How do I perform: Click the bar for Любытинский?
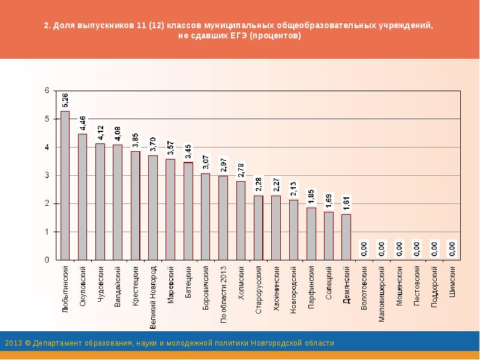pyautogui.click(x=65, y=185)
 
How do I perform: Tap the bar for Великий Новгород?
pyautogui.click(x=152, y=208)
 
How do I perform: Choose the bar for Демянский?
pyautogui.click(x=346, y=237)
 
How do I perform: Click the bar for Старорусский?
pyautogui.click(x=258, y=227)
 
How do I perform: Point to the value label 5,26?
pyautogui.click(x=65, y=100)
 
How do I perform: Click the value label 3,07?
pyautogui.click(x=206, y=162)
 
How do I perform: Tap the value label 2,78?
pyautogui.click(x=241, y=170)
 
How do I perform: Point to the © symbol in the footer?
pyautogui.click(x=25, y=343)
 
